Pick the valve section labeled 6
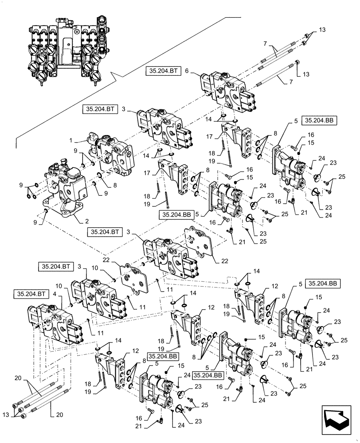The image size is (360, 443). click(226, 91)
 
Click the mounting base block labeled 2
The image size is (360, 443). click(67, 190)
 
